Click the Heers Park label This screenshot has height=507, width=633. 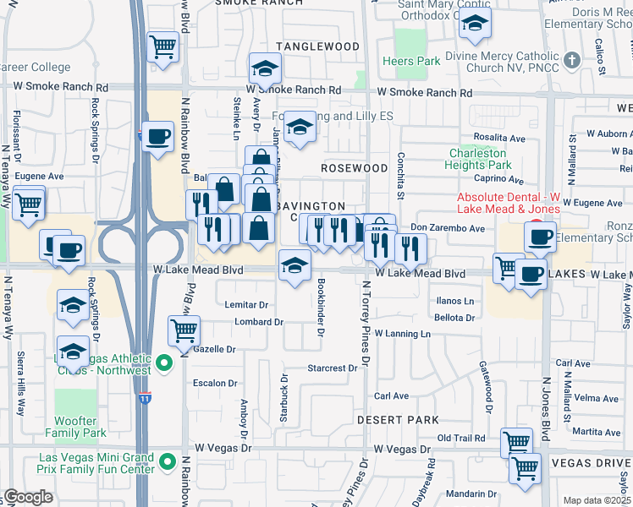pos(410,62)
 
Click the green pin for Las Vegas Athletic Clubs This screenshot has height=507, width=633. pos(166,363)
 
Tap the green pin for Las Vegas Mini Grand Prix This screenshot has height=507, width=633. pos(168,462)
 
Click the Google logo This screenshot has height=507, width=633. pos(28,496)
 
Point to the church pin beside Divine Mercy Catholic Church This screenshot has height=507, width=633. pos(573,60)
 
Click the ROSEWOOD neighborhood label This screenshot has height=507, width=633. pos(354,168)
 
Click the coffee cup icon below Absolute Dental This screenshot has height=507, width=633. pos(538,236)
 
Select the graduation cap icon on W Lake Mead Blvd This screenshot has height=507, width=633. pos(294,266)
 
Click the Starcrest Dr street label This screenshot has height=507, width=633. pos(333,368)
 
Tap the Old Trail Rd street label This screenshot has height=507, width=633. pos(460,438)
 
